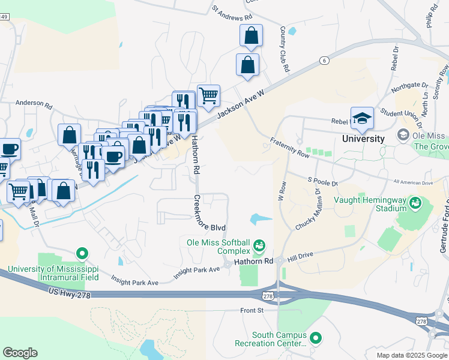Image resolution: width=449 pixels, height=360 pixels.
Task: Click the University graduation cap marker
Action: pos(363,118)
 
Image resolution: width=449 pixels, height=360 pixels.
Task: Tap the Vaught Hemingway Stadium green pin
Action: pos(414,205)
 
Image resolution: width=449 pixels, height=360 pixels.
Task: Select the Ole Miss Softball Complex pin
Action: pos(259,245)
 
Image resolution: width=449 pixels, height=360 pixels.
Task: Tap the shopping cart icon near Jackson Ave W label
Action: pos(208,95)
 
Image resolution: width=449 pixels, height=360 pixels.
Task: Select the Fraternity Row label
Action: pos(289,147)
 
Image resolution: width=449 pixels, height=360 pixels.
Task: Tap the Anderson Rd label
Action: pos(34,103)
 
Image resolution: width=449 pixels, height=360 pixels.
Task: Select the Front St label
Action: pos(252,310)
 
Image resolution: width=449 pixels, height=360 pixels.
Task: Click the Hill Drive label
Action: pos(301,256)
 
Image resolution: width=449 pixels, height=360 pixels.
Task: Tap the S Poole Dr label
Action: pos(323,180)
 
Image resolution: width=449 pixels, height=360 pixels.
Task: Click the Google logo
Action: pos(20,353)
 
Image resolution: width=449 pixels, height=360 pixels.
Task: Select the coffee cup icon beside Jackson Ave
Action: pos(113,155)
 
